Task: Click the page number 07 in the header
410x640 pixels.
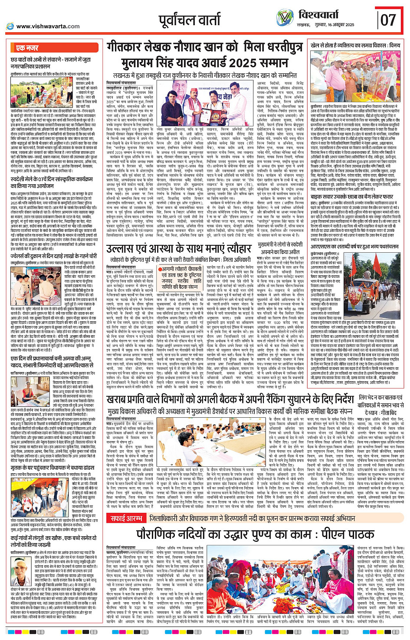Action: (x=388, y=20)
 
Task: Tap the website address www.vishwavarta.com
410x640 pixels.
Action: (x=48, y=26)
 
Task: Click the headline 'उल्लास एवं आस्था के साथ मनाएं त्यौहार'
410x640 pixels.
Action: (x=179, y=249)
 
